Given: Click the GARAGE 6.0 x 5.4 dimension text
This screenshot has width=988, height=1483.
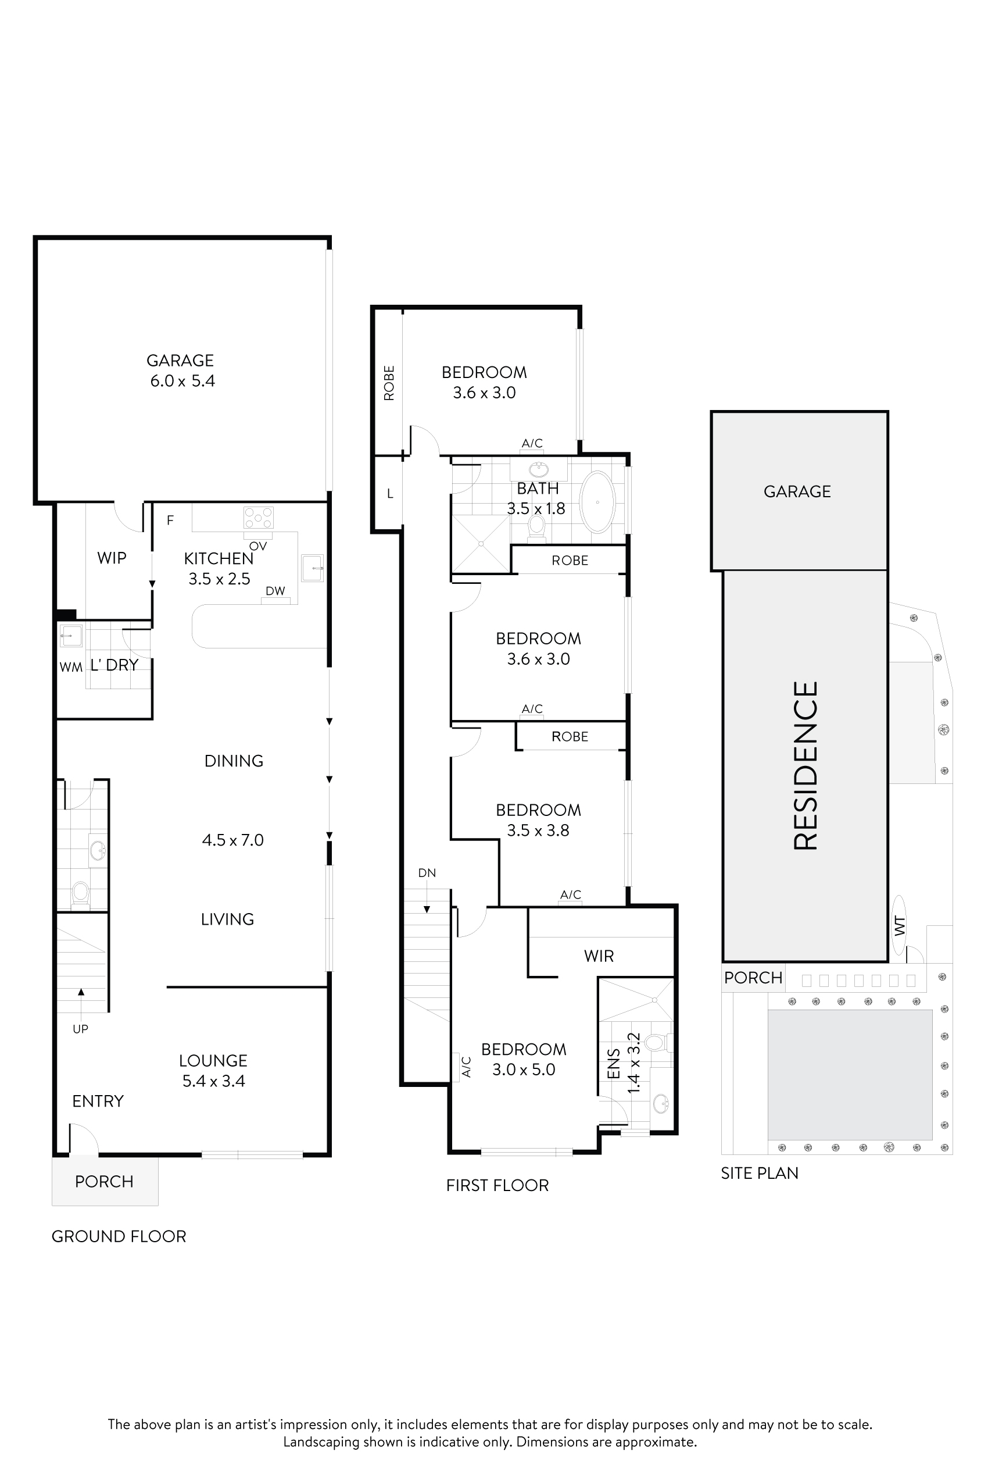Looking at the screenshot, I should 182,381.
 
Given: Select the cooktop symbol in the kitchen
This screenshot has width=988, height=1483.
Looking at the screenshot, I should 259,518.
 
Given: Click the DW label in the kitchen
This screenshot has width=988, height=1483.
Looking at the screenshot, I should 275,591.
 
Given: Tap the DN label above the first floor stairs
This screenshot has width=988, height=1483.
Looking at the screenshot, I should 427,873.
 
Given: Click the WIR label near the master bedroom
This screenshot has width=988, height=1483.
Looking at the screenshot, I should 599,956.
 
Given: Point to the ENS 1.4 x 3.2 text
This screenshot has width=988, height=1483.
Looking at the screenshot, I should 624,1063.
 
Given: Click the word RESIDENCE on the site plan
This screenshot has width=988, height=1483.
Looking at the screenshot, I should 806,765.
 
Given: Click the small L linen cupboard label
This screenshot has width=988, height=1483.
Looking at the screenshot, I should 390,494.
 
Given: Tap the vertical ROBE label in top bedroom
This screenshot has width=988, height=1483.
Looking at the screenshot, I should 389,383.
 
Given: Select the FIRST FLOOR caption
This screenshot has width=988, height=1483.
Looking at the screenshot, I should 497,1185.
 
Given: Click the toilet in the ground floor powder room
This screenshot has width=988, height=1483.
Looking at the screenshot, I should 80,892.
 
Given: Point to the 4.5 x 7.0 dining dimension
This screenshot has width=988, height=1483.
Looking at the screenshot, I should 232,840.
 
